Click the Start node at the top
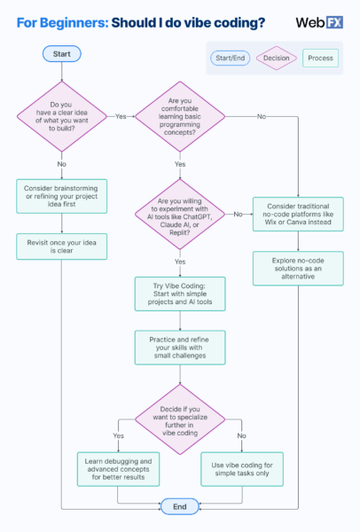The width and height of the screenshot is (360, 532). click(61, 53)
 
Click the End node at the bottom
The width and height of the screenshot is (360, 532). click(179, 505)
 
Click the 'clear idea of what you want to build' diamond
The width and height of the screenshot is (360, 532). click(61, 115)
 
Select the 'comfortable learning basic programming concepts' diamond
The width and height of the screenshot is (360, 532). click(179, 115)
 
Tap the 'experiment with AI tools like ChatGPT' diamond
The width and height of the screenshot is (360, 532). click(179, 214)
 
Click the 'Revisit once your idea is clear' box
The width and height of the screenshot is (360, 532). click(61, 246)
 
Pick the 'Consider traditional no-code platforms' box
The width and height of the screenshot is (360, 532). click(298, 214)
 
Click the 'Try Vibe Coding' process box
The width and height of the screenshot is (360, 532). click(179, 294)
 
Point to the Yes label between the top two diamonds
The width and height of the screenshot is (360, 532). click(118, 116)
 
